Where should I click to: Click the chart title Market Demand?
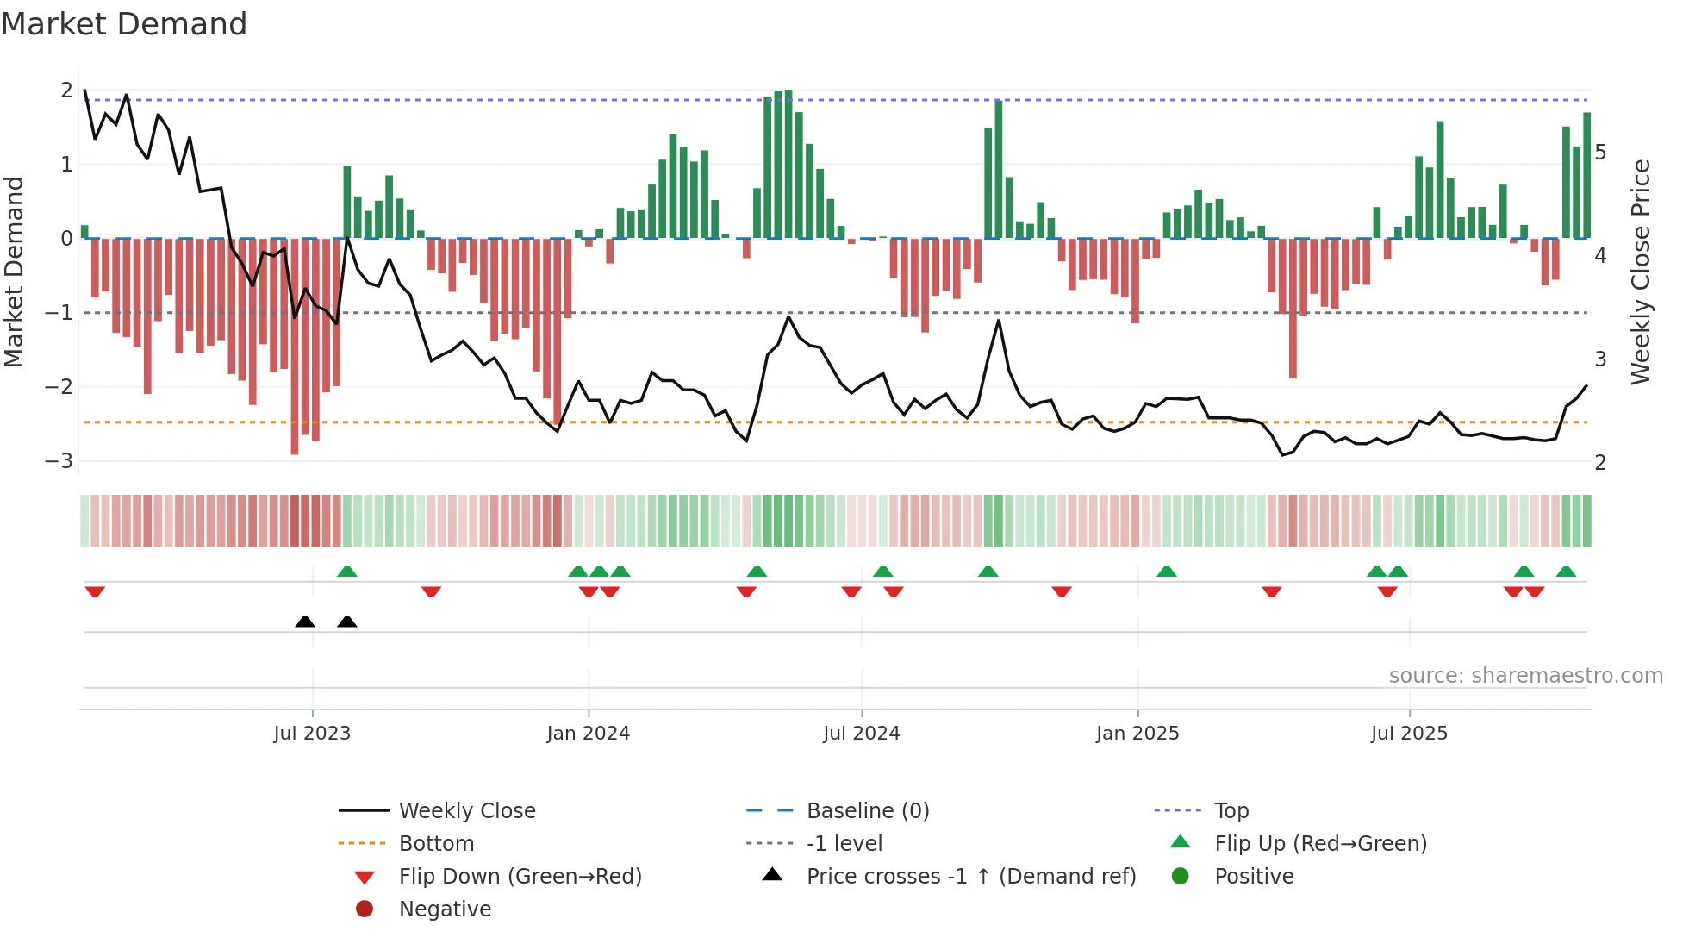coord(124,24)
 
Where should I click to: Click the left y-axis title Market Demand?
coord(14,272)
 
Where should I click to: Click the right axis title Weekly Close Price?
coord(1641,272)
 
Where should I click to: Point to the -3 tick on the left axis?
coord(59,460)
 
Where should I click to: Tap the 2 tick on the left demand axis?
coord(66,90)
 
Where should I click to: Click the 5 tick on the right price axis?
coord(1600,153)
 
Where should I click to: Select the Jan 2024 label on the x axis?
coord(588,734)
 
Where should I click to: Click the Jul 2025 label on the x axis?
coord(1409,734)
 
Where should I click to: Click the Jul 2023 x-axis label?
coord(312,734)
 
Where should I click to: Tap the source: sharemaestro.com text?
coord(1525,676)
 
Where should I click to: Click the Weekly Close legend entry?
coord(466,811)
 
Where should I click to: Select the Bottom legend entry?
coord(436,844)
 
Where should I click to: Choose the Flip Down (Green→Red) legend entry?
coord(520,877)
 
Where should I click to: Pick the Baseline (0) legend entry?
coord(867,811)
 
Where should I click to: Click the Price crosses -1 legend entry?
coord(970,877)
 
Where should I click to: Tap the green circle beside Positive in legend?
coord(1181,877)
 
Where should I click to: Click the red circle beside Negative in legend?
coord(365,909)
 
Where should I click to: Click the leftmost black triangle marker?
coord(305,622)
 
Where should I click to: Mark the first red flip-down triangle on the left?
coord(95,591)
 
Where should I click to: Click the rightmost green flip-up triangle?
coord(1566,572)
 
